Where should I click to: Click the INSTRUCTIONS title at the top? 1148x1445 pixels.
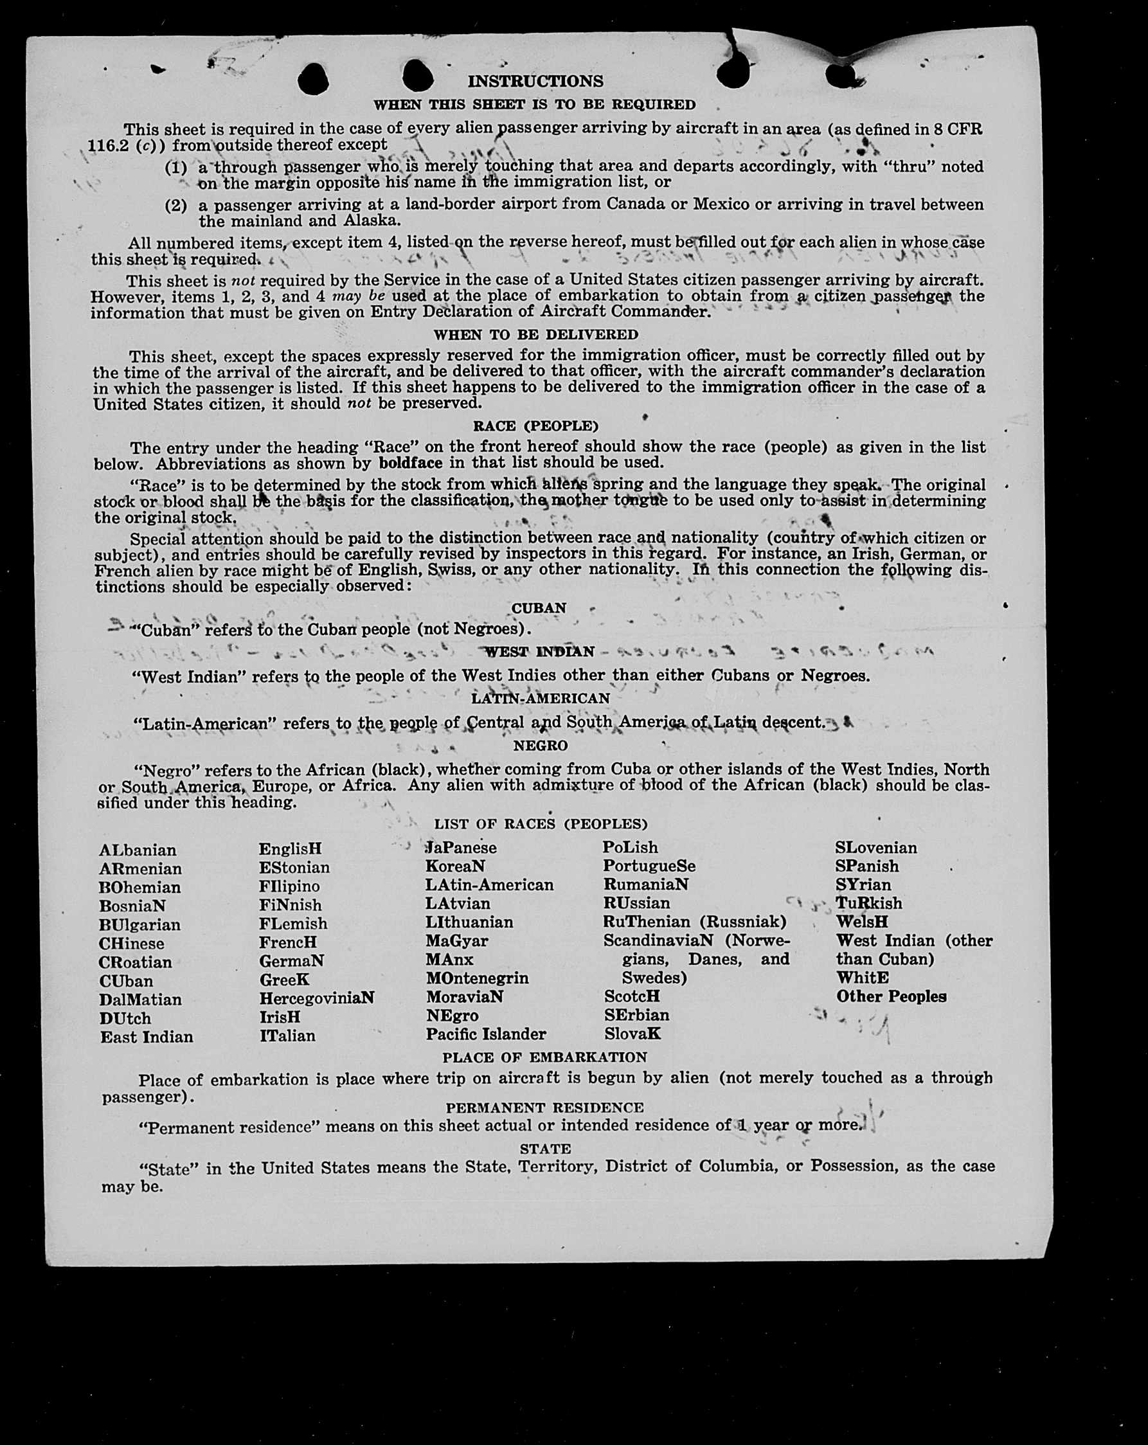coord(535,81)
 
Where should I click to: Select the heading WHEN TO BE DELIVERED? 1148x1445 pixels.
coord(535,334)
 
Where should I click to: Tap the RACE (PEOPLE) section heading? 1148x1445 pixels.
coord(535,426)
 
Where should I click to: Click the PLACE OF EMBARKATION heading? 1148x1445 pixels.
coord(544,1057)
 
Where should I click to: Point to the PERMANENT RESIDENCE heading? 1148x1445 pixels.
coord(544,1107)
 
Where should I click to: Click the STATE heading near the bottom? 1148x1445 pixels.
coord(545,1149)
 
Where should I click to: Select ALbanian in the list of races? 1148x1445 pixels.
coord(138,850)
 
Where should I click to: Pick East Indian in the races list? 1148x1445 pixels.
coord(146,1037)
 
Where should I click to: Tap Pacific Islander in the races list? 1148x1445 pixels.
coord(486,1034)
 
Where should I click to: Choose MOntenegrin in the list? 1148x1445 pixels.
coord(476,978)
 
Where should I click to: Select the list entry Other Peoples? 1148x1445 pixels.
coord(891,996)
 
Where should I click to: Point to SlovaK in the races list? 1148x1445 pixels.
coord(632,1034)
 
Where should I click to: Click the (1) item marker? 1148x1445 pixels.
coord(175,168)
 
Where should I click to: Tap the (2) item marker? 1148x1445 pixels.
coord(175,206)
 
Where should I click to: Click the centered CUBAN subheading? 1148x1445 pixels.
coord(539,608)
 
